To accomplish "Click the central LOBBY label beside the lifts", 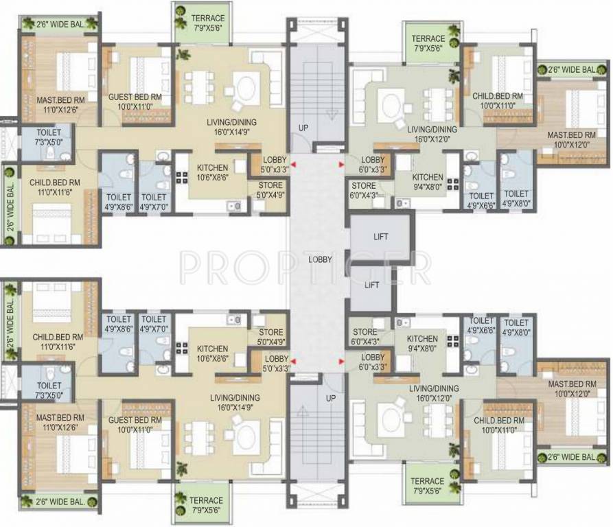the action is [x=320, y=259].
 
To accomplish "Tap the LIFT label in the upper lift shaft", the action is [x=380, y=236].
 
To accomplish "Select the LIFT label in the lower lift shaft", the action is [x=371, y=285].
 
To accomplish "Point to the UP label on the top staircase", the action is [x=303, y=128].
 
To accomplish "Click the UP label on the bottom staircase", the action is [x=331, y=398].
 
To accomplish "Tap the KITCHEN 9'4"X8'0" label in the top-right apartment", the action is [x=428, y=182].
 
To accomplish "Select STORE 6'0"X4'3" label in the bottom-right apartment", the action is [x=365, y=336].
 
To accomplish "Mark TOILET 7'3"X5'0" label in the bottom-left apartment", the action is [x=49, y=390].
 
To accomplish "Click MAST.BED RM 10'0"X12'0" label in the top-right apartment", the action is [x=572, y=139].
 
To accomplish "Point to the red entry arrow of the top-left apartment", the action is [x=293, y=165].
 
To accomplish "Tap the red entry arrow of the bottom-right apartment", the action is [x=342, y=362].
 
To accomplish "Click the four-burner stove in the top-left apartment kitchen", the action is [x=182, y=178].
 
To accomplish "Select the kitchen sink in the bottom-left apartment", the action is [x=234, y=320].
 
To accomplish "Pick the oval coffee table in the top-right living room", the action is [x=391, y=106].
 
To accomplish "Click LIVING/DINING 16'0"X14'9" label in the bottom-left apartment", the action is [x=235, y=402].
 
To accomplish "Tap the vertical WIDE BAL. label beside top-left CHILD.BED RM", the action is [x=10, y=206].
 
